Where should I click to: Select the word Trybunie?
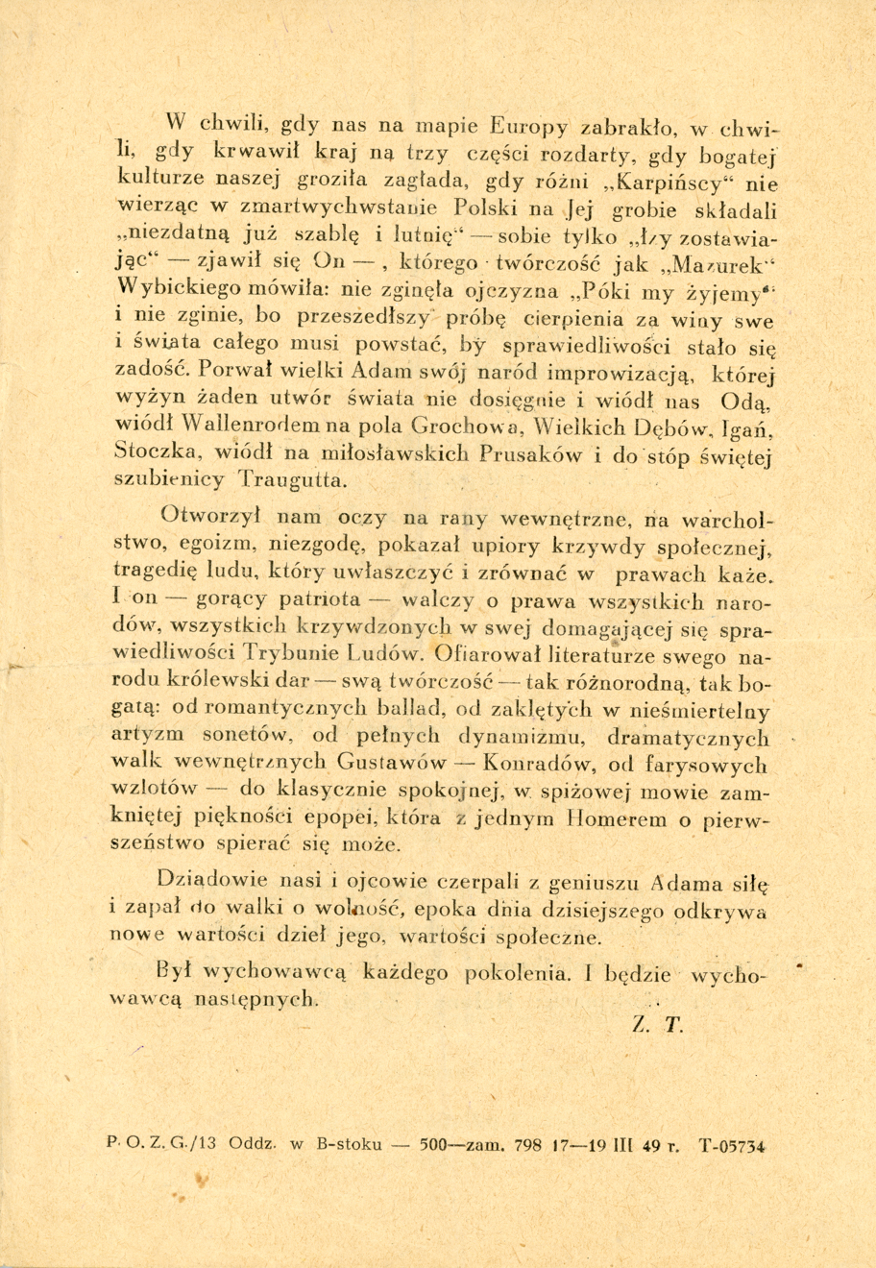[294, 656]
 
